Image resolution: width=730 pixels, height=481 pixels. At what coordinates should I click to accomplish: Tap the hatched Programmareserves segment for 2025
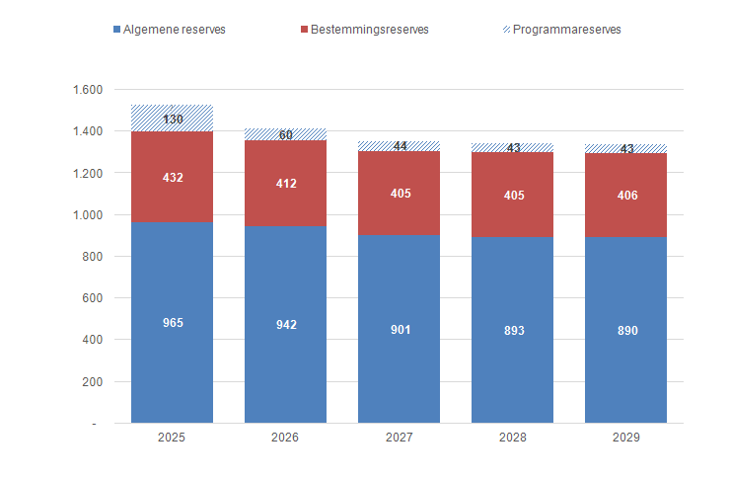pos(172,110)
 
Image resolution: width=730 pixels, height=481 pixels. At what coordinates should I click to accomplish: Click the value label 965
pos(172,323)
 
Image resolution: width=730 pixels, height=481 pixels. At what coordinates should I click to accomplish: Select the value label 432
pos(172,178)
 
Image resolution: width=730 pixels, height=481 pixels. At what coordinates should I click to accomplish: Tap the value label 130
pos(172,120)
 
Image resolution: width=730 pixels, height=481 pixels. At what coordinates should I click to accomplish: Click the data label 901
pos(399,329)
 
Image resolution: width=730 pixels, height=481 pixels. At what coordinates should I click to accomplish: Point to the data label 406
pos(625,196)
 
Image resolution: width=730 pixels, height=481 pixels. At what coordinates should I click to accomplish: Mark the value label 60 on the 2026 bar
pos(285,135)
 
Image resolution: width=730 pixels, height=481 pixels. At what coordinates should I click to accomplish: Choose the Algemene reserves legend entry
pos(170,30)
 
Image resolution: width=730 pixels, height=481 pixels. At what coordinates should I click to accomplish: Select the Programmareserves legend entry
pos(561,30)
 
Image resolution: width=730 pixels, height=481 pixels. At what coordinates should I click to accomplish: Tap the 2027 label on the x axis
pos(399,437)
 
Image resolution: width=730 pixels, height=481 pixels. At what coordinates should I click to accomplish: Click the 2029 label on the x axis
pos(625,437)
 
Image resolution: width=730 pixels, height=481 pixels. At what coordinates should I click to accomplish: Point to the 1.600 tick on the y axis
pos(88,90)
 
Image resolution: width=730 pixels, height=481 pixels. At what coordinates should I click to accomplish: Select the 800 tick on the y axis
pos(93,257)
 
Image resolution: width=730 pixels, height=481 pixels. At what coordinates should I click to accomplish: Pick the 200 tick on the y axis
pos(93,381)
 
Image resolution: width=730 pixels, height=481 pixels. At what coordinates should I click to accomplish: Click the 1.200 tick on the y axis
pos(88,173)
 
